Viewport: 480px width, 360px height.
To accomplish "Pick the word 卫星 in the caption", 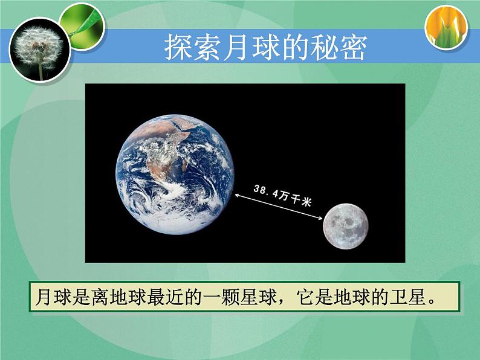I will tap(402, 297).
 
